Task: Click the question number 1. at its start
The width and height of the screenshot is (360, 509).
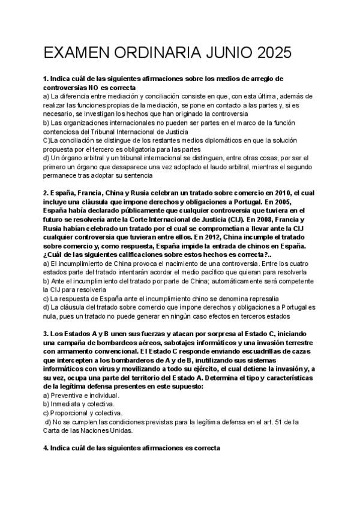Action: point(46,79)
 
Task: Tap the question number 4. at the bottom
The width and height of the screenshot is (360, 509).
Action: point(46,448)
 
